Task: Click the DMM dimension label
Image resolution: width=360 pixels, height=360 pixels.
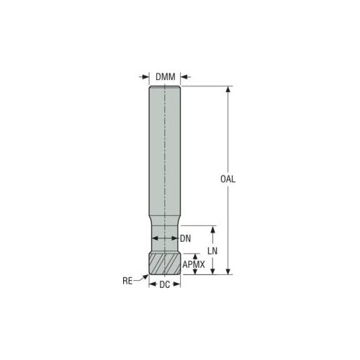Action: [166, 77]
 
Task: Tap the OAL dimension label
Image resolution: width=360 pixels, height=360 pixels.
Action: [228, 179]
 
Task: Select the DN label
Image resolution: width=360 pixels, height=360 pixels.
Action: [186, 238]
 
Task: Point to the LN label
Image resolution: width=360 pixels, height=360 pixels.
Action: [212, 251]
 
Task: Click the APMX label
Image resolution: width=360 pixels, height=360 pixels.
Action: [194, 264]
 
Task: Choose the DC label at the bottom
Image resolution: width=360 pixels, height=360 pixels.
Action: [165, 284]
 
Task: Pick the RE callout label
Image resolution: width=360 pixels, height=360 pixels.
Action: [127, 281]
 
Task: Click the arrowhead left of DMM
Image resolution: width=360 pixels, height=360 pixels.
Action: [145, 77]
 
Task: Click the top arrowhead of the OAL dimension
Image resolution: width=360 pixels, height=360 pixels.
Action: [228, 89]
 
